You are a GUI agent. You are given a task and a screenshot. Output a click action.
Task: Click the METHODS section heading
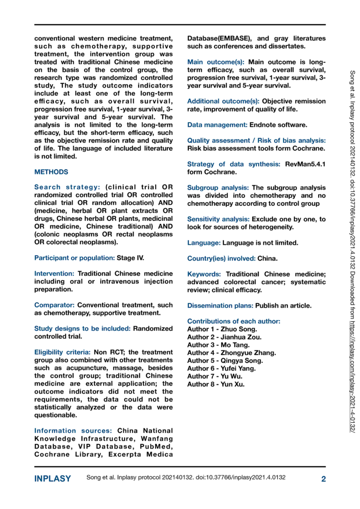pos(51,172)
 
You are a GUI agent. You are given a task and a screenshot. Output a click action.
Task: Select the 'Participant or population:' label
pos(74,258)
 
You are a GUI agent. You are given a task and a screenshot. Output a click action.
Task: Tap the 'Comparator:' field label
pos(54,305)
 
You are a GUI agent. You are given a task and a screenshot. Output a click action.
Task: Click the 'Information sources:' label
pos(73,431)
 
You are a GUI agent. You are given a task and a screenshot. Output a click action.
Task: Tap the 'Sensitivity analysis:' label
pos(218,219)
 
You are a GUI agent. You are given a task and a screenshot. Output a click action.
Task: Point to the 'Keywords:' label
pos(204,274)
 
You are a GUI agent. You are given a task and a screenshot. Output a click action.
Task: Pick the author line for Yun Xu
pos(216,384)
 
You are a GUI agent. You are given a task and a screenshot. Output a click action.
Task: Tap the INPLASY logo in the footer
pos(52,479)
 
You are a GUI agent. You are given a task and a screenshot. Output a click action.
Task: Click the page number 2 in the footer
pos(323,479)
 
